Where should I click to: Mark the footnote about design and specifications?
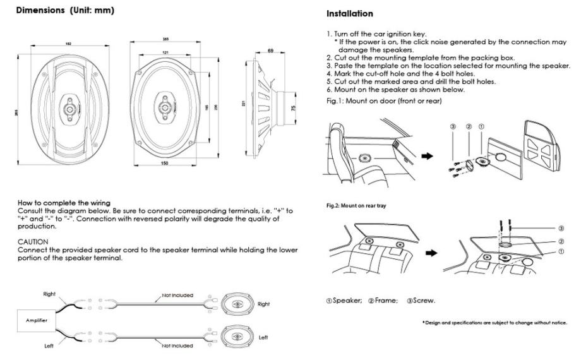point(494,323)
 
